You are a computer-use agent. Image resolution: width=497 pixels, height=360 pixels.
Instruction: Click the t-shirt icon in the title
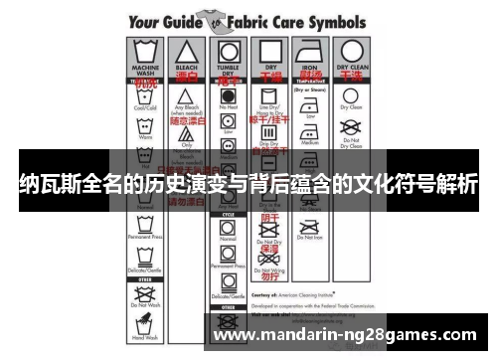210,20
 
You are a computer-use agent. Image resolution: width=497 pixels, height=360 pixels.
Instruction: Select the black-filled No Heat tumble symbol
228,97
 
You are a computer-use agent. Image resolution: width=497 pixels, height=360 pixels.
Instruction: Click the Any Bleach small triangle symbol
185,96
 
